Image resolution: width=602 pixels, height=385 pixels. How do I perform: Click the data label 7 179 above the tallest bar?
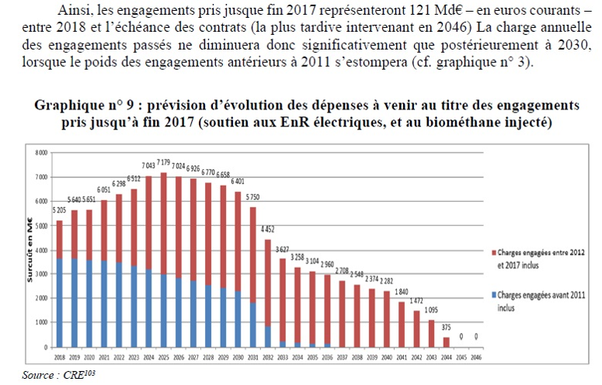click(x=163, y=162)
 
